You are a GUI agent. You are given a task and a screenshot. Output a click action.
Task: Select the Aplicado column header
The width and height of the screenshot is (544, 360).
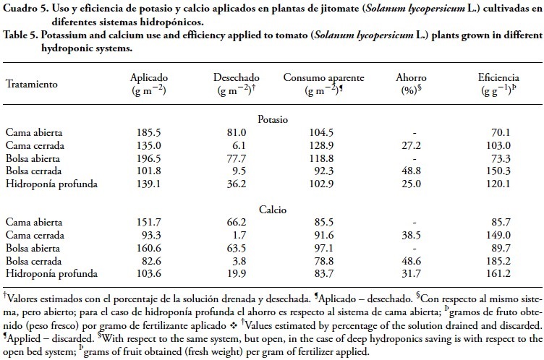coord(150,77)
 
